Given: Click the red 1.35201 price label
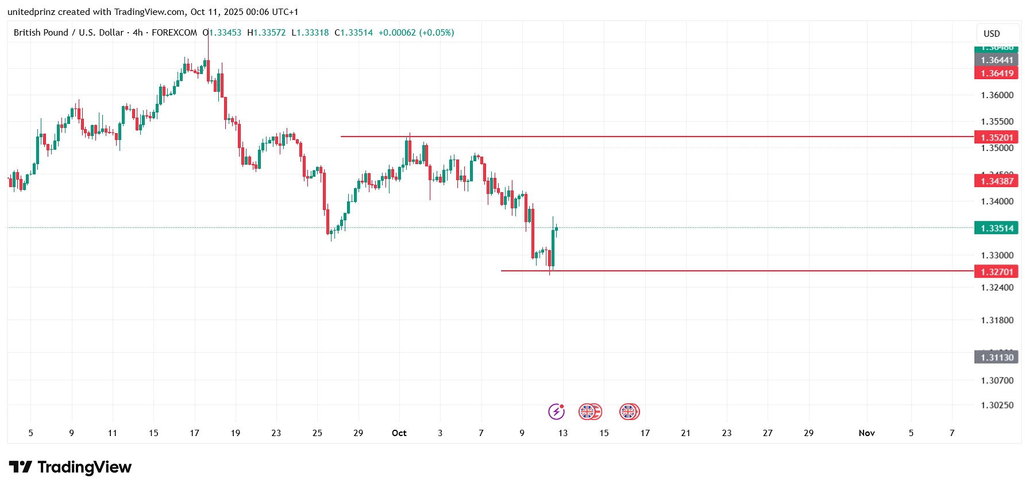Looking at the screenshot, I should [x=996, y=137].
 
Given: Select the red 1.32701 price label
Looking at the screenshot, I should [x=996, y=271].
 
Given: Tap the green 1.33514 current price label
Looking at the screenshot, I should [x=996, y=228].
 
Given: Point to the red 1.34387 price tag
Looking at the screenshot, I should [x=996, y=181].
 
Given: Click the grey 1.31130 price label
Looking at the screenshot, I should [x=996, y=357].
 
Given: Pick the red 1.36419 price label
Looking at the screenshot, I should [x=996, y=73].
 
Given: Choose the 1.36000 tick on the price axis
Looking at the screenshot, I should [x=997, y=95].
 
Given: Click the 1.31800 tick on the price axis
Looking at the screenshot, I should [x=997, y=320].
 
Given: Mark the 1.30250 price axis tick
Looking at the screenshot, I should [x=997, y=405].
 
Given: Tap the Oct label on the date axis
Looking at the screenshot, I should [x=399, y=433].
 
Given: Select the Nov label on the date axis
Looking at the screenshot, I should [x=866, y=433].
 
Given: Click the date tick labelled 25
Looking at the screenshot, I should [x=317, y=433].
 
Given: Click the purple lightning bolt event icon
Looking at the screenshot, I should [x=556, y=411].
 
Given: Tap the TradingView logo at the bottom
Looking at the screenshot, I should [x=70, y=467].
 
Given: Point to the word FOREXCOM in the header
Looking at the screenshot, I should [x=174, y=33].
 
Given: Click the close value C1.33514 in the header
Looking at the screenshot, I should [x=353, y=33].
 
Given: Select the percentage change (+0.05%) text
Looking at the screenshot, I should [x=437, y=33].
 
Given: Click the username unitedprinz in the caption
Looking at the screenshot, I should [x=31, y=12].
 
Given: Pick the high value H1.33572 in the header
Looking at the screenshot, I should [x=266, y=33].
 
